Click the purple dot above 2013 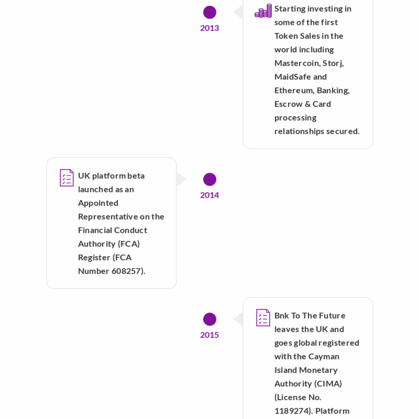(209, 12)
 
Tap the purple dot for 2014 (209, 179)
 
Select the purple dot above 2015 (209, 319)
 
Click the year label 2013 (209, 28)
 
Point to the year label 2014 (209, 195)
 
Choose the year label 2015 (209, 335)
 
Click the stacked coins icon (263, 11)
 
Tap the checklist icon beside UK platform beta (67, 178)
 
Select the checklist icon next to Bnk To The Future (263, 318)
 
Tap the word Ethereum (294, 90)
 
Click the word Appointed (98, 203)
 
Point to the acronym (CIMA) (328, 384)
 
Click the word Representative (108, 217)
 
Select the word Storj (333, 63)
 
